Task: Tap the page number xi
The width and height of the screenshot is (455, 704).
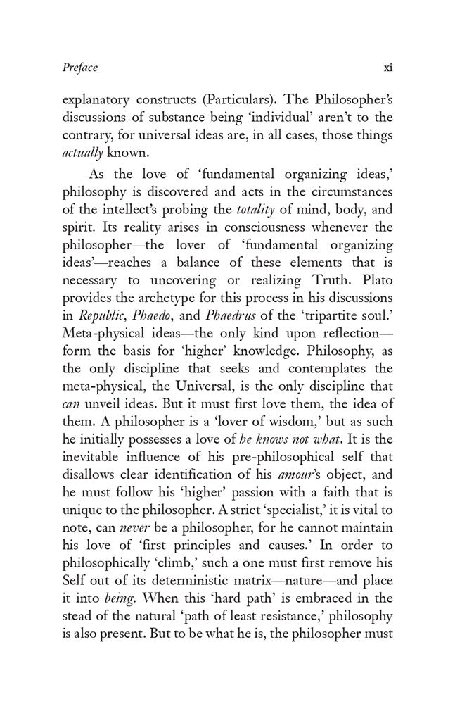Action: point(386,68)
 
